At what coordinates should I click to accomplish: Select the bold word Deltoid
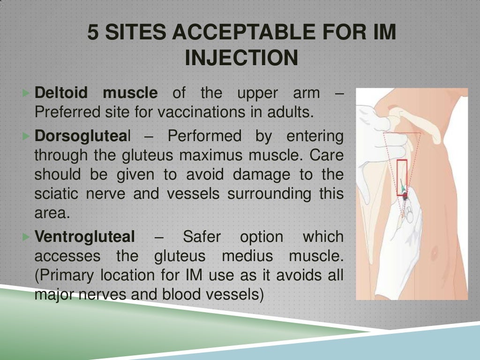[x=61, y=93]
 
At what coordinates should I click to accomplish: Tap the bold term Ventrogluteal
[x=84, y=237]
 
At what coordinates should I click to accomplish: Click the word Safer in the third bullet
[x=201, y=237]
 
